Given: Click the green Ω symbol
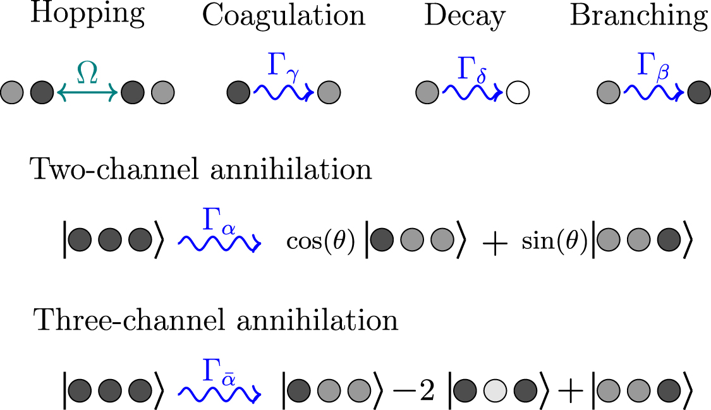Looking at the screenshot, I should click(87, 73).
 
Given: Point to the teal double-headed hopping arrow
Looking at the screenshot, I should click(87, 93).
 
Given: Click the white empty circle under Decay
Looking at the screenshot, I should click(518, 93).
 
